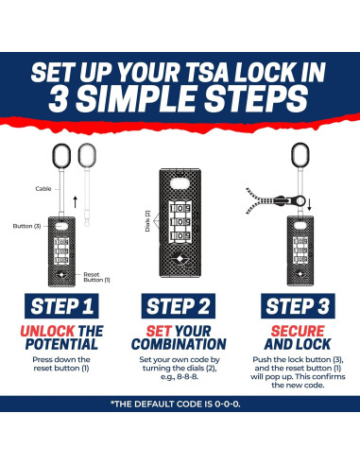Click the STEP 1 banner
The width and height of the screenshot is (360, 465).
(x=61, y=306)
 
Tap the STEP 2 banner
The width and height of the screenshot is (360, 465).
(x=179, y=306)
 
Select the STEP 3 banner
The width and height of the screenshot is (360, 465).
(x=298, y=306)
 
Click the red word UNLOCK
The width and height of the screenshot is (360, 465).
(x=47, y=331)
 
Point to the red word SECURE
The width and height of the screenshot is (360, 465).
(x=298, y=331)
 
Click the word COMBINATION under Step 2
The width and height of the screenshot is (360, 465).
(x=179, y=344)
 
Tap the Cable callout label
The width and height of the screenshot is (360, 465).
(x=43, y=189)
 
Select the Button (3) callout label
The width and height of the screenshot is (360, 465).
(x=26, y=226)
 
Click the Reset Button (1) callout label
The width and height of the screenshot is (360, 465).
(x=96, y=277)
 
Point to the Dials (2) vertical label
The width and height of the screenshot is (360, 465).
(x=147, y=221)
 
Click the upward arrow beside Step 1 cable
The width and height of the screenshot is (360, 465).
(x=75, y=202)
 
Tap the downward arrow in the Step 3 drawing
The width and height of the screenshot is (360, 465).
(x=309, y=205)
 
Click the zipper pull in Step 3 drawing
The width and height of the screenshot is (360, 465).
(x=290, y=200)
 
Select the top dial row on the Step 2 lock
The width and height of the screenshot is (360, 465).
(x=180, y=209)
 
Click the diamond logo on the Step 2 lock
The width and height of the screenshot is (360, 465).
(x=180, y=259)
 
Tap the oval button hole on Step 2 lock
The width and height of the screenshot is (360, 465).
(x=180, y=183)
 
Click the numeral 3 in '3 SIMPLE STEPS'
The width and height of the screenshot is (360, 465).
(x=59, y=98)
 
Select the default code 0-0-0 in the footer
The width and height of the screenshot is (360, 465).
(x=228, y=404)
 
